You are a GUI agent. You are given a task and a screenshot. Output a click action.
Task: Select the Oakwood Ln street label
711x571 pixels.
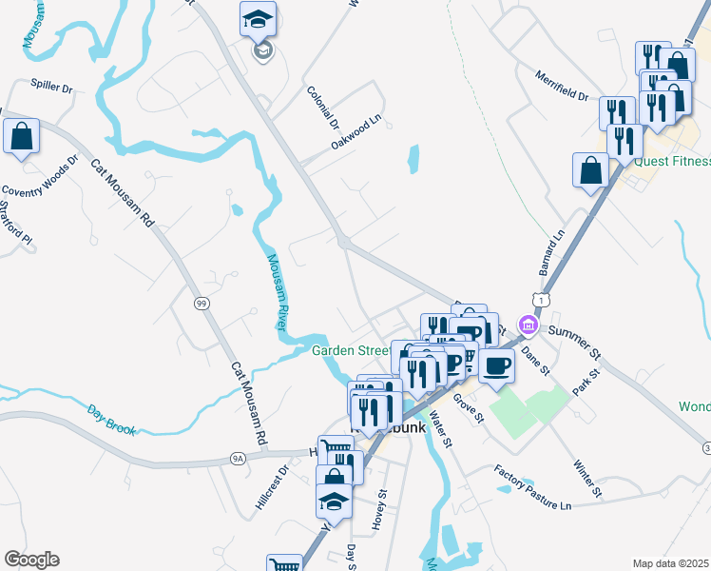pyautogui.click(x=356, y=132)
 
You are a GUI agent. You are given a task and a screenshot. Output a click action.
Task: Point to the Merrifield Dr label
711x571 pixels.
pyautogui.click(x=561, y=87)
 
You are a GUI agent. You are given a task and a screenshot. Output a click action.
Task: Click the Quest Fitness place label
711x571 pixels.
pyautogui.click(x=672, y=161)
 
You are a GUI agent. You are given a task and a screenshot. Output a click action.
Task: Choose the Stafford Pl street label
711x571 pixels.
pyautogui.click(x=15, y=220)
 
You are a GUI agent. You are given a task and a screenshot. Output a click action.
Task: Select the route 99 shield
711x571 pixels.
pyautogui.click(x=202, y=303)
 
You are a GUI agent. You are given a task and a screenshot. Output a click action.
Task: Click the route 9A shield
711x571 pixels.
pyautogui.click(x=238, y=458)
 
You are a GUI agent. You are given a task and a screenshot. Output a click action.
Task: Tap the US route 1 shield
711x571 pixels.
pyautogui.click(x=541, y=300)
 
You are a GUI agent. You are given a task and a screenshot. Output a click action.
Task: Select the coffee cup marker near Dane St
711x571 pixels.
pyautogui.click(x=495, y=365)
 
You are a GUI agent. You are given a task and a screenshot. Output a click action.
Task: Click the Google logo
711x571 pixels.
pyautogui.click(x=31, y=560)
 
